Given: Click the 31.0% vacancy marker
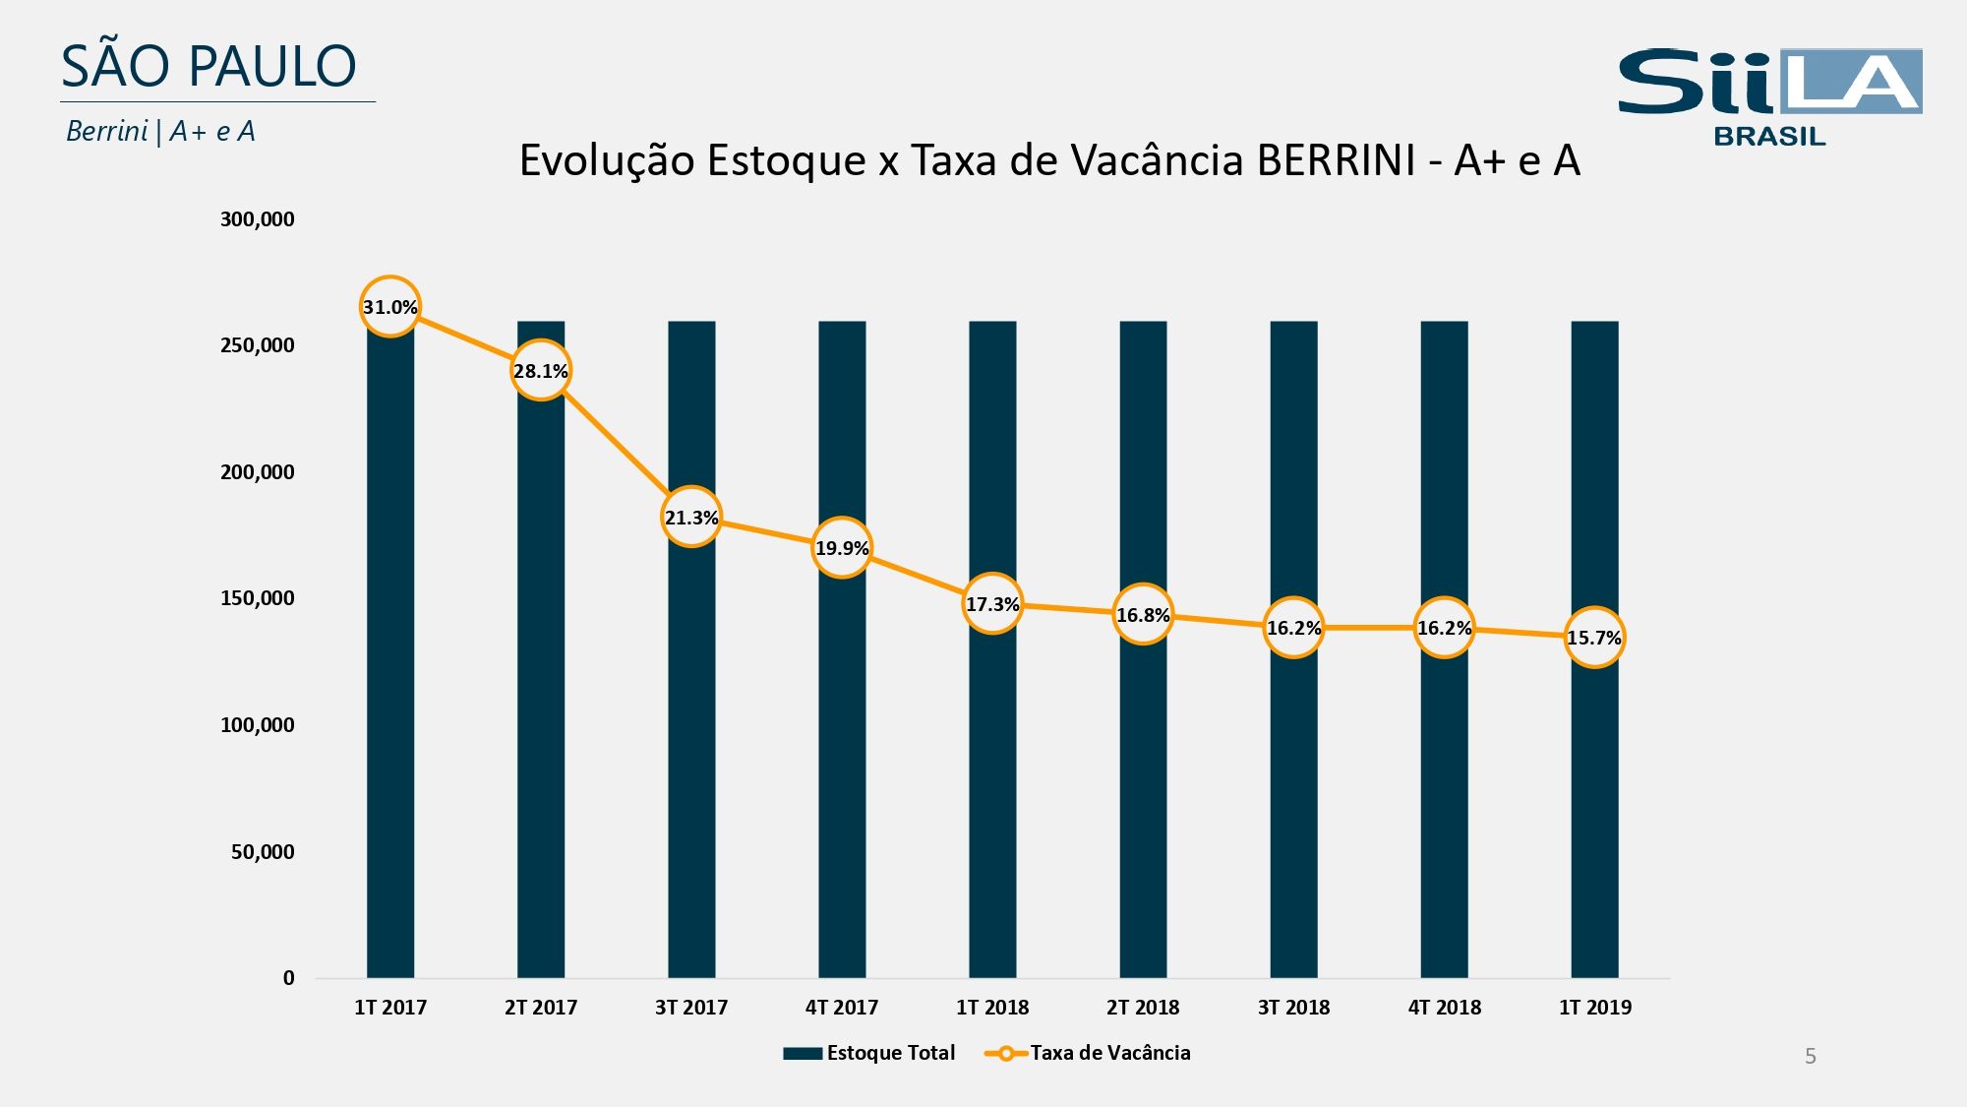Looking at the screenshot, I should pos(390,307).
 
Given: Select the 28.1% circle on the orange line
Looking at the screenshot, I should pos(541,371).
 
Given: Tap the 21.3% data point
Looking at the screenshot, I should pos(691,517).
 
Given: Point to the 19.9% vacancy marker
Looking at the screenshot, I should pos(842,547).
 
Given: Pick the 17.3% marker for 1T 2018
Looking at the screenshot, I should pos(992,604).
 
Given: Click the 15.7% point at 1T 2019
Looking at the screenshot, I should pos(1594,638).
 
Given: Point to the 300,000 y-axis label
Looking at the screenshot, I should pos(257,219).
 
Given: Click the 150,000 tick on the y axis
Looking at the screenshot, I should pos(257,598).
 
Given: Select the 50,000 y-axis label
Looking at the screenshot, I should pos(263,852).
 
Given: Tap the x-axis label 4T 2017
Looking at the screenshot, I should pos(842,1008).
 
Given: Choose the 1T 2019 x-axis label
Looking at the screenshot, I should pos(1594,1008).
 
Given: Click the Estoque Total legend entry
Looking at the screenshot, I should pos(869,1053).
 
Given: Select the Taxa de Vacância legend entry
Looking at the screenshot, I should pos(1089,1053).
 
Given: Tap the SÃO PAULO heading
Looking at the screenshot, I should pos(209,67).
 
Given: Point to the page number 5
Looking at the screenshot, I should pos(1810,1057).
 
